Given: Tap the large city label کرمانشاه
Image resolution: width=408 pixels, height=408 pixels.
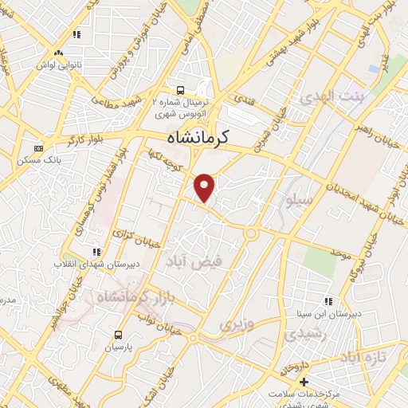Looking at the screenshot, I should coord(198,136).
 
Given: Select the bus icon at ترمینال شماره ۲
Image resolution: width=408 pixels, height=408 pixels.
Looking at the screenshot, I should coord(182,89).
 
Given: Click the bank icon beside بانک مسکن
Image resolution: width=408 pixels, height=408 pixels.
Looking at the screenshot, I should coord(37,148).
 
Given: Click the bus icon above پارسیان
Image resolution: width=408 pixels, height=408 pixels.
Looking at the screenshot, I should coord(119,335).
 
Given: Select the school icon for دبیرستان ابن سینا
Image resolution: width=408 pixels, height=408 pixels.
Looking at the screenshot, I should coord(328,301).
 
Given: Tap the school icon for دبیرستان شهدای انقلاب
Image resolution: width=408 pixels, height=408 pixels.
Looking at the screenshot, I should coord(97,252).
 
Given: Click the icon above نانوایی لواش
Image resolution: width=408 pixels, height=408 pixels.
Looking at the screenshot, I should coord(77,34).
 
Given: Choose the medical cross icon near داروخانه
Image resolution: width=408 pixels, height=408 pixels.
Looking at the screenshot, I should coord(304,382).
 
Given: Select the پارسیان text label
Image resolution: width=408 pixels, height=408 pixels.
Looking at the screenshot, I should coord(119,347).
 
